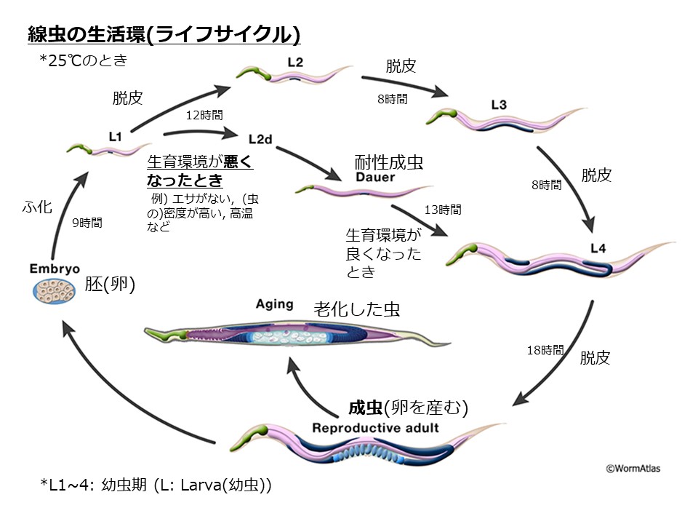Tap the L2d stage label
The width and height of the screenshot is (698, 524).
[x=260, y=138]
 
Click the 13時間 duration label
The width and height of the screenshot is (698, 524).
[x=442, y=210]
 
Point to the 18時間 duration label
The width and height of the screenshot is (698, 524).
[x=545, y=350]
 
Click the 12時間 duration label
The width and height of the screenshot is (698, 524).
[x=204, y=114]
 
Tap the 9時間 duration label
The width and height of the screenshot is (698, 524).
[x=87, y=223]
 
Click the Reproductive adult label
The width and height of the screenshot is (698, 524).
[x=375, y=427]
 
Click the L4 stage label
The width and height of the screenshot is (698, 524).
[x=598, y=247]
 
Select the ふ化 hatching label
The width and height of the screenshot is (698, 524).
[x=38, y=207]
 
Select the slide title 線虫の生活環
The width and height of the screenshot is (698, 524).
[x=164, y=33]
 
